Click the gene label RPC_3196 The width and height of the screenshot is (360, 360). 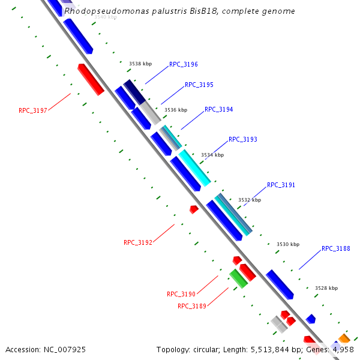tap(183, 64)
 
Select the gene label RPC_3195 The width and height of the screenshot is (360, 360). tap(199, 85)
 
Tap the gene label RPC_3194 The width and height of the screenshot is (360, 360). tap(218, 110)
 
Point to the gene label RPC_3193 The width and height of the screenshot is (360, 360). tap(242, 140)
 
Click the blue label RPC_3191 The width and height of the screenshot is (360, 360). tap(281, 185)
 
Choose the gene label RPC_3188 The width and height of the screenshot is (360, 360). tap(335, 248)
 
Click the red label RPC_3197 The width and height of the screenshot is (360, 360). tap(32, 110)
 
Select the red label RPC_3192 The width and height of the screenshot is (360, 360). tap(137, 243)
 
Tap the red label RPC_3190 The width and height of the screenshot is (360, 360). tap(181, 295)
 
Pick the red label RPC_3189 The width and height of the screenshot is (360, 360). tap(192, 307)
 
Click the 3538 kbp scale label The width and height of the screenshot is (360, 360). tap(140, 63)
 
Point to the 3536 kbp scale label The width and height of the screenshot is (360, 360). tap(176, 110)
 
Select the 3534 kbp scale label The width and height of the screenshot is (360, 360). tap(212, 155)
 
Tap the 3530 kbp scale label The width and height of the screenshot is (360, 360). tap(287, 244)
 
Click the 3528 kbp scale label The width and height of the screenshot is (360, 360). tap(326, 289)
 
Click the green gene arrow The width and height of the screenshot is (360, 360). tap(238, 278)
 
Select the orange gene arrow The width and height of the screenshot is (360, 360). tap(344, 339)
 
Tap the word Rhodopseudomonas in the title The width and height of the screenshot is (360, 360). tap(98, 11)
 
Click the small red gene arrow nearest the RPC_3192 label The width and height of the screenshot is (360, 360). tap(194, 209)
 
